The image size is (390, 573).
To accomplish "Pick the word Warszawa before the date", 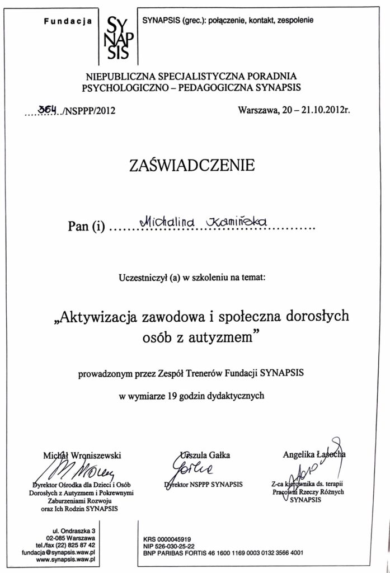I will [x=257, y=110].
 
